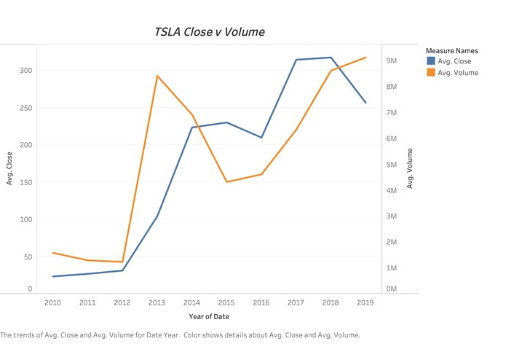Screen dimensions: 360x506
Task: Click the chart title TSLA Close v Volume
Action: point(210,32)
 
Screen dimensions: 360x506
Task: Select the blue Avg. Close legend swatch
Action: point(430,61)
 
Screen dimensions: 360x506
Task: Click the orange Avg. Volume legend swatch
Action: point(430,73)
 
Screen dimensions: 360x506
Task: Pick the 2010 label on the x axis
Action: point(52,302)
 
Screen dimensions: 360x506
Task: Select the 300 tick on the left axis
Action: point(25,71)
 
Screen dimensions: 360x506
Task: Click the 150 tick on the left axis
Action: point(25,182)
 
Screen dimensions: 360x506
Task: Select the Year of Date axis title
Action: point(209,316)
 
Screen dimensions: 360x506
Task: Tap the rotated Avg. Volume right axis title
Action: point(410,168)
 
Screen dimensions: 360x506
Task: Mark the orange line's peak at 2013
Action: point(157,76)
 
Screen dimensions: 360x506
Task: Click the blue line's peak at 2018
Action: point(331,58)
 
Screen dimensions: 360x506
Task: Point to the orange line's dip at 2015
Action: point(227,181)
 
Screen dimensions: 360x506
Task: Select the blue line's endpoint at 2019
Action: point(366,103)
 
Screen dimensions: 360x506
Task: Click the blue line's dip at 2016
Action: point(262,137)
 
